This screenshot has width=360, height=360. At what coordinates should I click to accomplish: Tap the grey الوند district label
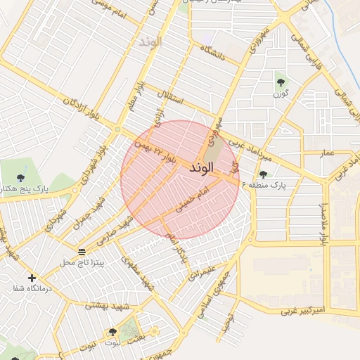[150, 41]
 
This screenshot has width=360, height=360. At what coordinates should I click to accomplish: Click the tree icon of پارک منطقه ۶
[263, 174]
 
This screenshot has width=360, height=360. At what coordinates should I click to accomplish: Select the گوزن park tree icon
[281, 82]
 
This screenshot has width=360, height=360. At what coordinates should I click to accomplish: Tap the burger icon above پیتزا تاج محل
[82, 251]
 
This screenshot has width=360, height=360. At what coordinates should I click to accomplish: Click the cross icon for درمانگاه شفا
[32, 278]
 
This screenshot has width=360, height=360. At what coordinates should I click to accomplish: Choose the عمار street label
[327, 153]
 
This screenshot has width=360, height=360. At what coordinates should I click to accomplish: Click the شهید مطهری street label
[138, 274]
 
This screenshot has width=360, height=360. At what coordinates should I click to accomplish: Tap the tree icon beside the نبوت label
[112, 332]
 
